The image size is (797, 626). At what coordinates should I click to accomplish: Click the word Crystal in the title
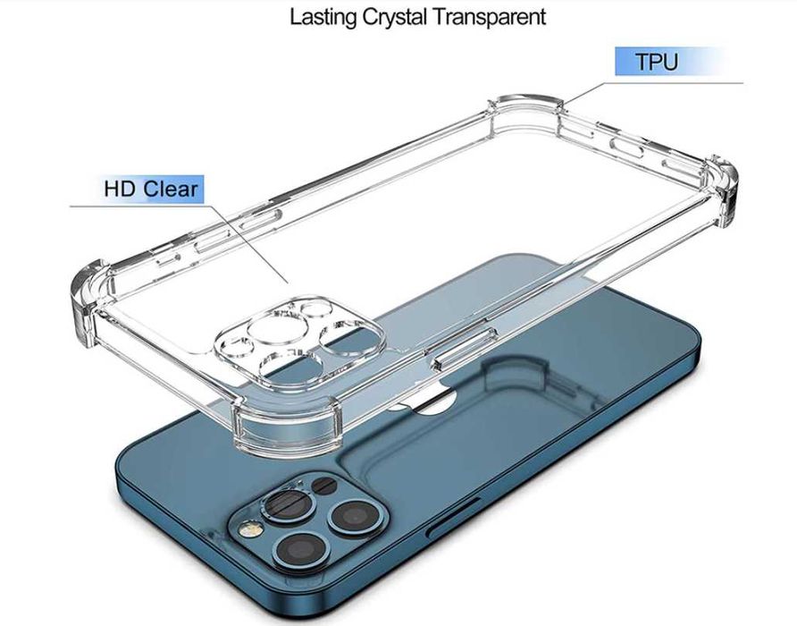[394, 17]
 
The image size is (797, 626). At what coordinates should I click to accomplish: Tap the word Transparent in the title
[489, 16]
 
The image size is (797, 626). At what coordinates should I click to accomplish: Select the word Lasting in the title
[323, 17]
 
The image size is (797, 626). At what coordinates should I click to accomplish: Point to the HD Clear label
[151, 189]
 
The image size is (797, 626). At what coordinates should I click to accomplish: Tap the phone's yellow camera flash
[251, 529]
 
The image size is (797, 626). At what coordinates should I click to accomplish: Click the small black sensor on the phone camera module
[323, 485]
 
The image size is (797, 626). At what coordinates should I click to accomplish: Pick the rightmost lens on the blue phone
[355, 517]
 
